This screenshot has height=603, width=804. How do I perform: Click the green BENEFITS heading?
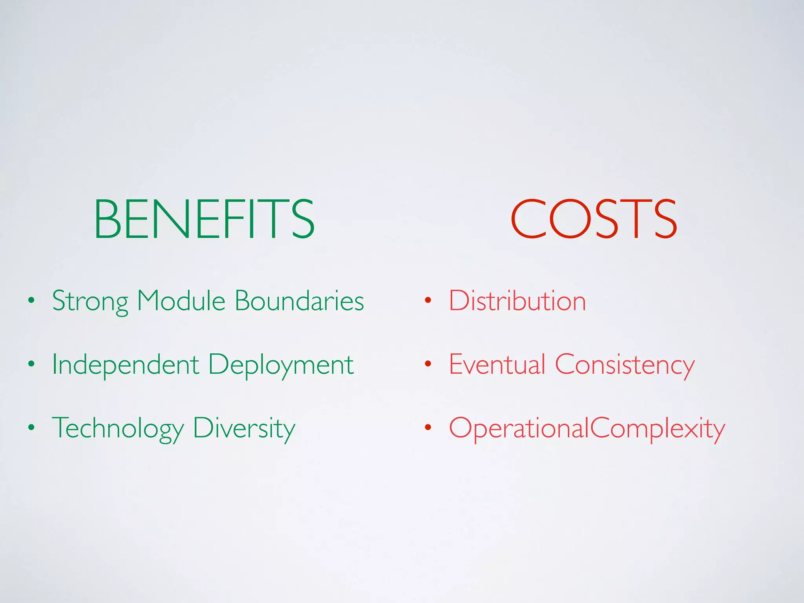204,219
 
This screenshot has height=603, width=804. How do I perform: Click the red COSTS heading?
594,219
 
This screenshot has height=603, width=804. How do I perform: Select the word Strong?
90,301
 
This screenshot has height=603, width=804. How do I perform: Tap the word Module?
181,301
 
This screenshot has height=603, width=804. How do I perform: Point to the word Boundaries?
299,301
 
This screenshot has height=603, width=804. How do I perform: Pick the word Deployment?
281,365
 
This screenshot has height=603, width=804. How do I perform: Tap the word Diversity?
244,428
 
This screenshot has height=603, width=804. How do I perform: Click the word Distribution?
517,301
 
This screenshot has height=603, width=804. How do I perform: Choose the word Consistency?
625,365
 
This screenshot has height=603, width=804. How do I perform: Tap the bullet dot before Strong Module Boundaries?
31,301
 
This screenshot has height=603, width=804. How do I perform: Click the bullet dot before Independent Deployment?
31,365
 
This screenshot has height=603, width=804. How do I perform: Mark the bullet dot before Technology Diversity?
31,428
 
